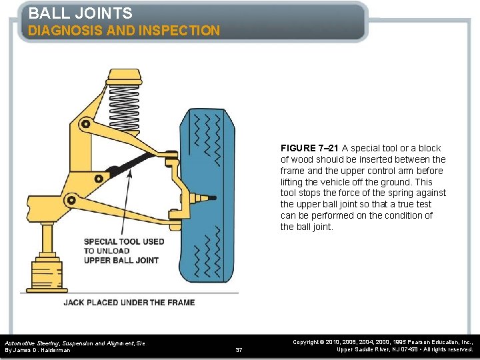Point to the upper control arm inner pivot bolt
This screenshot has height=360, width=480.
coord(85,123)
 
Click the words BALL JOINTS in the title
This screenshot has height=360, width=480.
coord(80,13)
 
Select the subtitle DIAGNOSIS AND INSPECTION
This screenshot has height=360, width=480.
coord(124,31)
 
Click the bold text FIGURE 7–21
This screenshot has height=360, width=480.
coord(310,148)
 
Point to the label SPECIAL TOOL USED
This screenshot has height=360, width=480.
coord(124,241)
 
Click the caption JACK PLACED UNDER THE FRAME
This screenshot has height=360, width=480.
coord(129,302)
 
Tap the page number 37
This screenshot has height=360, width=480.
coord(239,349)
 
